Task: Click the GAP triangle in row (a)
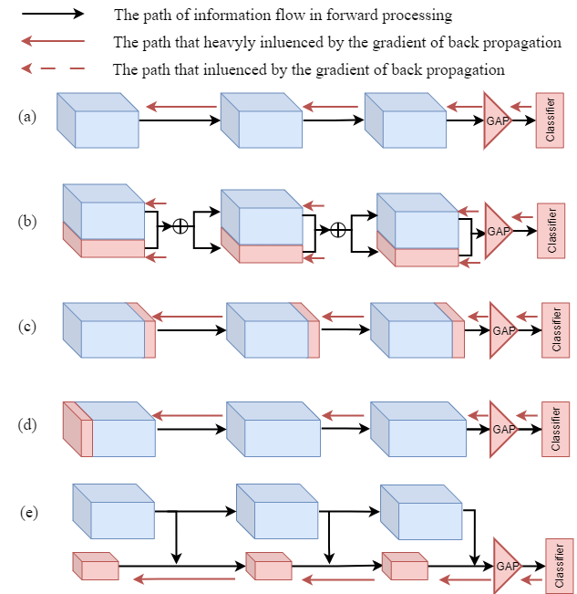coord(497,120)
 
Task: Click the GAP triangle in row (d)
coord(502,429)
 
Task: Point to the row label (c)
coord(27,326)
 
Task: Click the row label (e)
coord(29,512)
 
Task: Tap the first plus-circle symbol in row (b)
coord(180,225)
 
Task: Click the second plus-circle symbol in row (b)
coord(338,229)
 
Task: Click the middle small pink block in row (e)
coord(268,567)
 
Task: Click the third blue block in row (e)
coord(421,512)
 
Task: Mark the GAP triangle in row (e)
coord(507,566)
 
